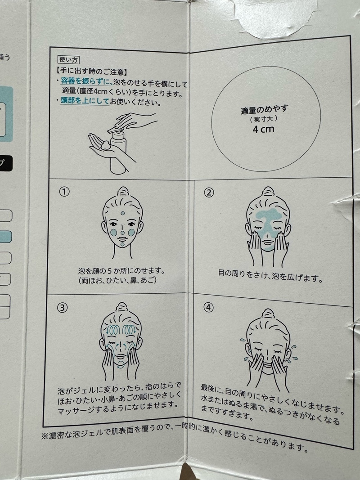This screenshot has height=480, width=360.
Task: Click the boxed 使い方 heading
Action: pyautogui.click(x=68, y=60)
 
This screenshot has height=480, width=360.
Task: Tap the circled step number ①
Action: pyautogui.click(x=64, y=192)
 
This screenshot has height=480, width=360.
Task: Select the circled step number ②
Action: pyautogui.click(x=209, y=193)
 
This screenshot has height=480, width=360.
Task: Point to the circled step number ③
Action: pyautogui.click(x=62, y=308)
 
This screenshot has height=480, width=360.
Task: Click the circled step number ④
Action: pyautogui.click(x=208, y=307)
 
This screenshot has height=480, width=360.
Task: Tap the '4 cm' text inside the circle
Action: pyautogui.click(x=263, y=129)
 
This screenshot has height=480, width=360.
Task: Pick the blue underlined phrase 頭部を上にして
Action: pyautogui.click(x=85, y=101)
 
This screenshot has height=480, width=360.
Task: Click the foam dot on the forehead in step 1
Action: pyautogui.click(x=122, y=213)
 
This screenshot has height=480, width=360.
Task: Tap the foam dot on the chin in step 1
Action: pyautogui.click(x=122, y=244)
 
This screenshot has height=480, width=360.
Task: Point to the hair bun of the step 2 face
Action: pyautogui.click(x=268, y=192)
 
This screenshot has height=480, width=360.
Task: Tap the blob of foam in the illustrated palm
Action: pyautogui.click(x=106, y=145)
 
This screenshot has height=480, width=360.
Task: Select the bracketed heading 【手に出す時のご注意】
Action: pyautogui.click(x=91, y=72)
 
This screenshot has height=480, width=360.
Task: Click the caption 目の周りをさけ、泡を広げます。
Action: pyautogui.click(x=270, y=275)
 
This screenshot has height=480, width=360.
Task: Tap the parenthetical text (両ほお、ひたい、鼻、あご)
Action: pyautogui.click(x=117, y=280)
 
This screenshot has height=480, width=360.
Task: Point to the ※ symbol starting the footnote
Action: pyautogui.click(x=45, y=436)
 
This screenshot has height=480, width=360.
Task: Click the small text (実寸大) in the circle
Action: pyautogui.click(x=264, y=119)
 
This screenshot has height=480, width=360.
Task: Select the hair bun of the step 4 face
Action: pyautogui.click(x=269, y=314)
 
